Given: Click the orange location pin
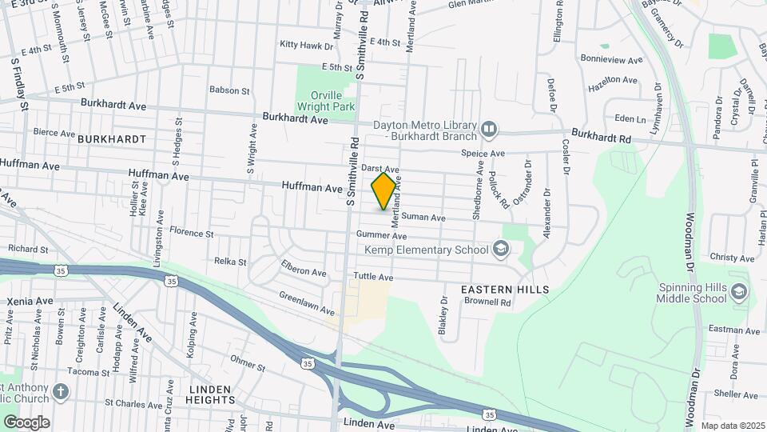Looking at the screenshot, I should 384,190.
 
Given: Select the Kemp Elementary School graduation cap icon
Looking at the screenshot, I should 500,250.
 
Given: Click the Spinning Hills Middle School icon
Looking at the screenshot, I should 738,291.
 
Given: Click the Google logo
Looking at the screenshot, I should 26,422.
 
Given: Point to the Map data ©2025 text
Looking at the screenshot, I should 732,425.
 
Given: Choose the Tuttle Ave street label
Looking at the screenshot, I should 374,277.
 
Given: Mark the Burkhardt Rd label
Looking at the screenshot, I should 602,137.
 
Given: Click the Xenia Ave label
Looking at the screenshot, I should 30,301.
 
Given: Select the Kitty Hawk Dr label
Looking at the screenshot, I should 300,44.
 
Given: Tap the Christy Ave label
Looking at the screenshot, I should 732,258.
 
